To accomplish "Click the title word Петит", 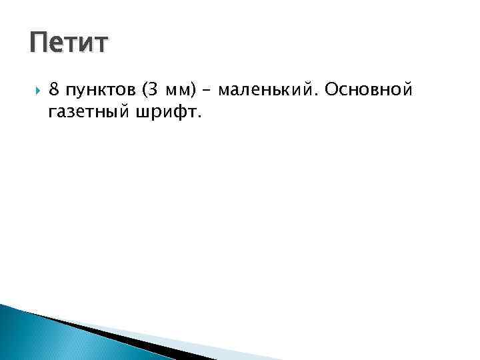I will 68,44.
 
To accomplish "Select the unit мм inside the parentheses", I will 180,91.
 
